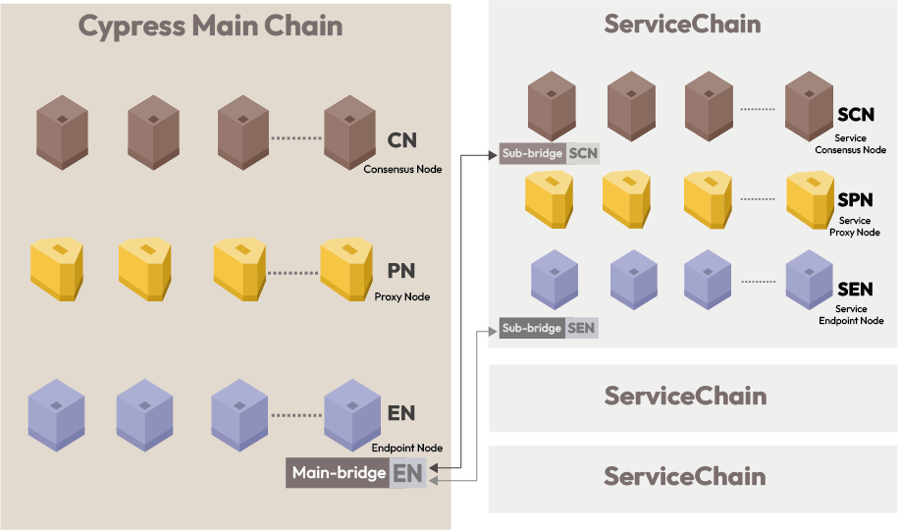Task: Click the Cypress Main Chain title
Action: (x=210, y=26)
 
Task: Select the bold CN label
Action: (x=402, y=140)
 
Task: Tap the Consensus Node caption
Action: (x=402, y=169)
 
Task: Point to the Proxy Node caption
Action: (x=402, y=296)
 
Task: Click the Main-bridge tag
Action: (x=339, y=473)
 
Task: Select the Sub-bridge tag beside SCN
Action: (x=531, y=153)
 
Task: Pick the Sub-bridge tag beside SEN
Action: (x=531, y=328)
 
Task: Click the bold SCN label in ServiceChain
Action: (x=855, y=116)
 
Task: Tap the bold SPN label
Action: (x=855, y=200)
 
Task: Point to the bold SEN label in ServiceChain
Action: (x=855, y=289)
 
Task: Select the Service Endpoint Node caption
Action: (x=851, y=314)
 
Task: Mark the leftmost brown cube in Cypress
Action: (x=63, y=131)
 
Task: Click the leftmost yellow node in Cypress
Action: (x=57, y=268)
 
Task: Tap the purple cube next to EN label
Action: (x=351, y=415)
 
